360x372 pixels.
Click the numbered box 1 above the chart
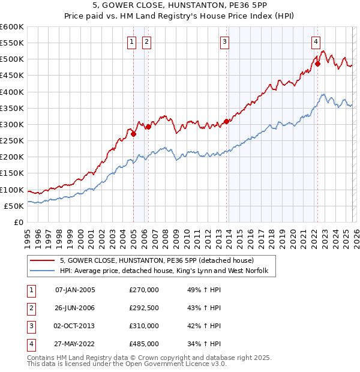[131, 42]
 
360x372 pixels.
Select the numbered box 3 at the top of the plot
[224, 42]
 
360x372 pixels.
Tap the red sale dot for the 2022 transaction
[317, 64]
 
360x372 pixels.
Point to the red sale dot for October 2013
[226, 121]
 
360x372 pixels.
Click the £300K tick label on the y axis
[12, 125]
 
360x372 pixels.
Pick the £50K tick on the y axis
[14, 206]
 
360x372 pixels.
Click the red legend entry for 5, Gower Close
[157, 260]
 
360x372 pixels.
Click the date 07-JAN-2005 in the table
[75, 290]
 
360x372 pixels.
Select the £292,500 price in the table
[144, 308]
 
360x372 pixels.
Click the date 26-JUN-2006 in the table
[75, 308]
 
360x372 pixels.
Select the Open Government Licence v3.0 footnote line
[127, 364]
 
